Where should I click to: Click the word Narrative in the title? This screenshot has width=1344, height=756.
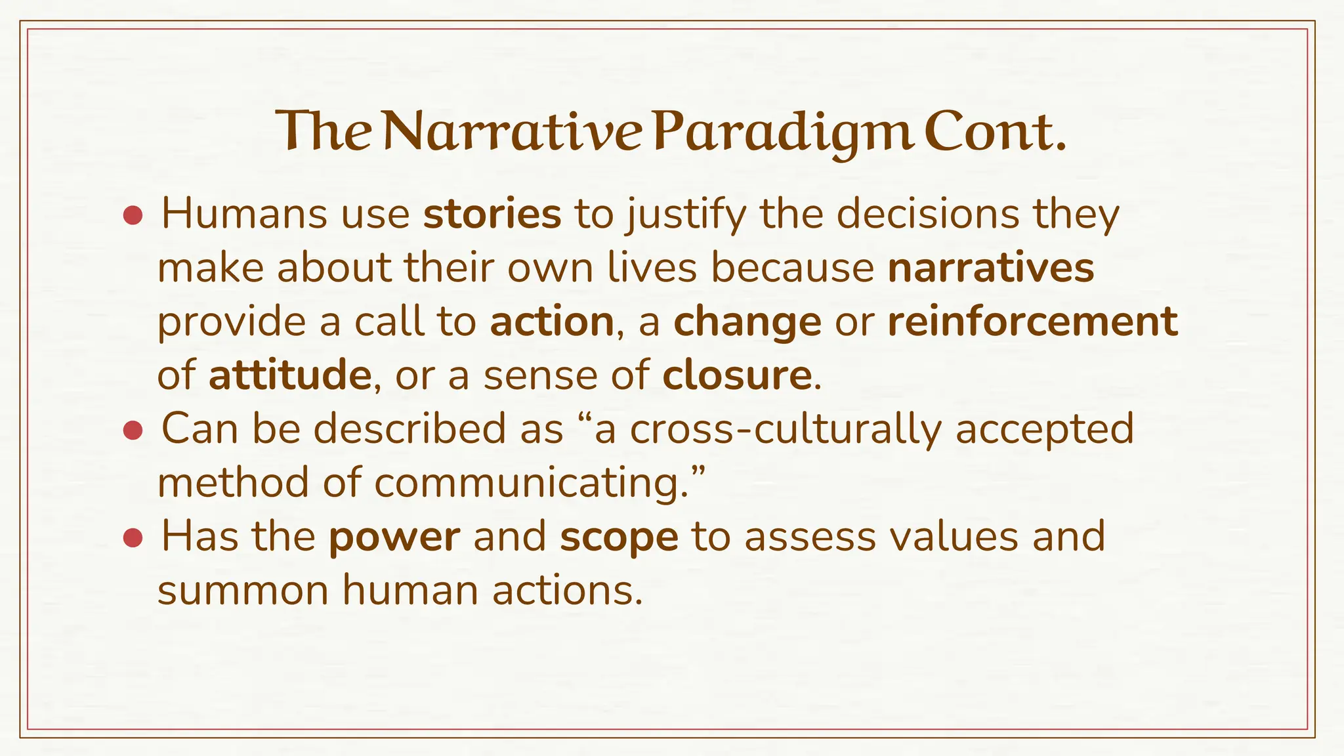tap(511, 132)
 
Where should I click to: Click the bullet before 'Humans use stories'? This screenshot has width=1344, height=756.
tap(133, 216)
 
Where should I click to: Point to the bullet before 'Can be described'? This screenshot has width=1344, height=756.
tap(133, 430)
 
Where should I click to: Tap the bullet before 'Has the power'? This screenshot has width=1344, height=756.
tap(133, 538)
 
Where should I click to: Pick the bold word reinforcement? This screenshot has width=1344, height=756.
tap(1032, 322)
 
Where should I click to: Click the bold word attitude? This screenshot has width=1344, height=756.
tap(290, 375)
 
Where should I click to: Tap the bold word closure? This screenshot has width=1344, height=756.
tap(737, 375)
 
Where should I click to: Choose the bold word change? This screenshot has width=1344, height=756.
tap(747, 323)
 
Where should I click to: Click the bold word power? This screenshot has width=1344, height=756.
tap(394, 537)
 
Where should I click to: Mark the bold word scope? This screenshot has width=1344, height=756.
tap(619, 537)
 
